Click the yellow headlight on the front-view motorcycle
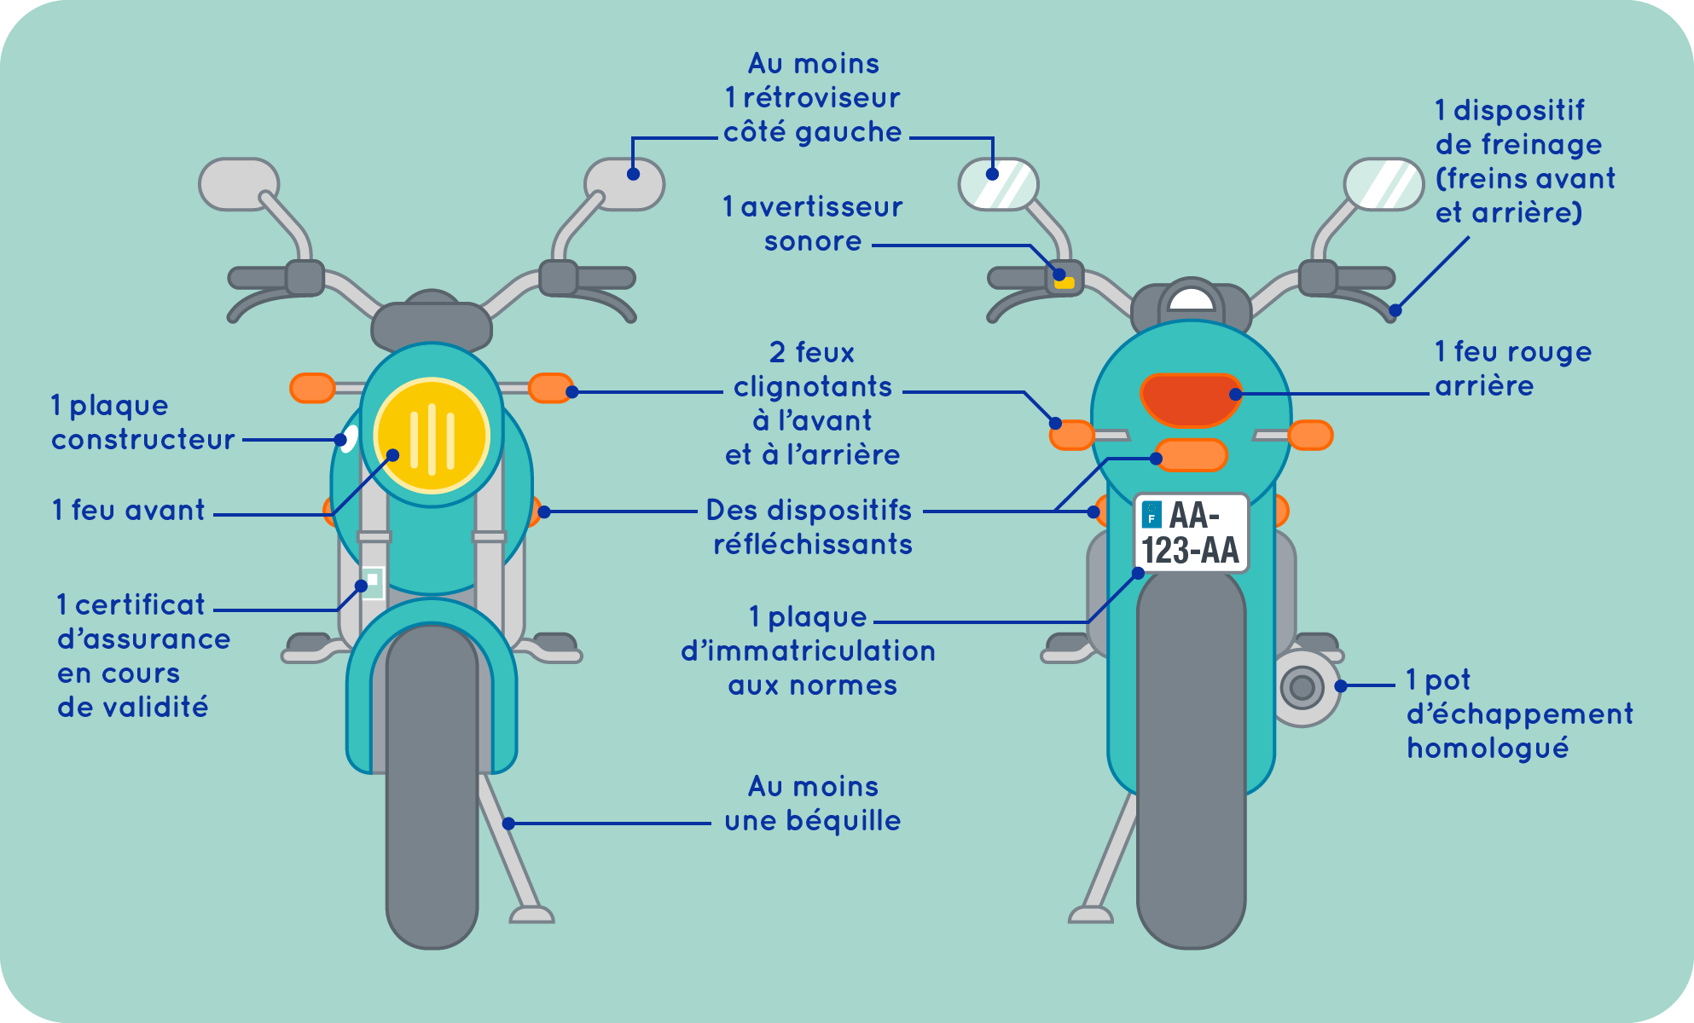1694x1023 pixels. [432, 436]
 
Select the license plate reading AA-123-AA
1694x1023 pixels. [1191, 534]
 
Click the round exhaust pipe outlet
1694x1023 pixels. [1302, 687]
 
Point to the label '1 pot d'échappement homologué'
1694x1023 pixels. [1519, 714]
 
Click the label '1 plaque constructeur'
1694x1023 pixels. [142, 423]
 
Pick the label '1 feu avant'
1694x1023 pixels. [129, 511]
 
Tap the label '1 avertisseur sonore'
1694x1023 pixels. [812, 224]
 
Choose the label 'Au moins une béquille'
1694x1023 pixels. [812, 804]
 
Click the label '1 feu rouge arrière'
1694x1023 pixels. [1512, 369]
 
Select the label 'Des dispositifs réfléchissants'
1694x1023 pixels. [810, 528]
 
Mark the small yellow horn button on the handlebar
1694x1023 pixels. [1065, 282]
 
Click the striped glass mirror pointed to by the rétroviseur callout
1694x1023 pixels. [998, 184]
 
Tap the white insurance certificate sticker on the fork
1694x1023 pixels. [373, 581]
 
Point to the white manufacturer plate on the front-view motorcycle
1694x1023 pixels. [348, 438]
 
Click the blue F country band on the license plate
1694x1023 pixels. [1152, 515]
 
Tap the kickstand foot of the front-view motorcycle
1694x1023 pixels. [532, 916]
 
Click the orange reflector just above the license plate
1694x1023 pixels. [1191, 455]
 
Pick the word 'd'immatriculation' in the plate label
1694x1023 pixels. [808, 651]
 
